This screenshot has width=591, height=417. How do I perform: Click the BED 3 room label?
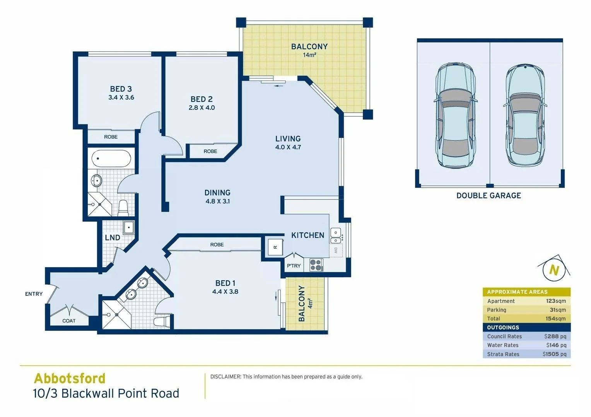pyautogui.click(x=121, y=89)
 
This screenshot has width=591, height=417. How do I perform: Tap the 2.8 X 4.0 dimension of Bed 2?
pyautogui.click(x=202, y=108)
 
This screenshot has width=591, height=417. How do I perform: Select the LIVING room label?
pyautogui.click(x=288, y=138)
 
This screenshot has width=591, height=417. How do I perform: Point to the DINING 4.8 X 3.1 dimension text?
pyautogui.click(x=217, y=201)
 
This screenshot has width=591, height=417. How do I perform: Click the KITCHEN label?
pyautogui.click(x=307, y=235)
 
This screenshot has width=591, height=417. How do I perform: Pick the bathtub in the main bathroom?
pyautogui.click(x=111, y=159)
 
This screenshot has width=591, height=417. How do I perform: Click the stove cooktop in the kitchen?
pyautogui.click(x=316, y=265)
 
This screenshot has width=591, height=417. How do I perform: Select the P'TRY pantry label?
pyautogui.click(x=294, y=266)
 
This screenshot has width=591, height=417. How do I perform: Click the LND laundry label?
pyautogui.click(x=112, y=237)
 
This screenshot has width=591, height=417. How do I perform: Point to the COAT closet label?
pyautogui.click(x=69, y=321)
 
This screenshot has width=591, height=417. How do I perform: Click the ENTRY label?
pyautogui.click(x=34, y=294)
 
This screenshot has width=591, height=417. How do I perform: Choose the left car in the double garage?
pyautogui.click(x=454, y=115)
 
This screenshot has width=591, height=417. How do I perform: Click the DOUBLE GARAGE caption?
pyautogui.click(x=489, y=196)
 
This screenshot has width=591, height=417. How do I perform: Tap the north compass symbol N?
pyautogui.click(x=554, y=270)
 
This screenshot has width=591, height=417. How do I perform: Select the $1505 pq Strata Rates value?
pyautogui.click(x=554, y=354)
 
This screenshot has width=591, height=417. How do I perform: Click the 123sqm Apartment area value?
pyautogui.click(x=556, y=301)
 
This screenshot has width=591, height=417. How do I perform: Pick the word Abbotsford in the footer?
pyautogui.click(x=70, y=378)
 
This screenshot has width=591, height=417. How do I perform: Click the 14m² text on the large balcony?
pyautogui.click(x=309, y=55)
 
